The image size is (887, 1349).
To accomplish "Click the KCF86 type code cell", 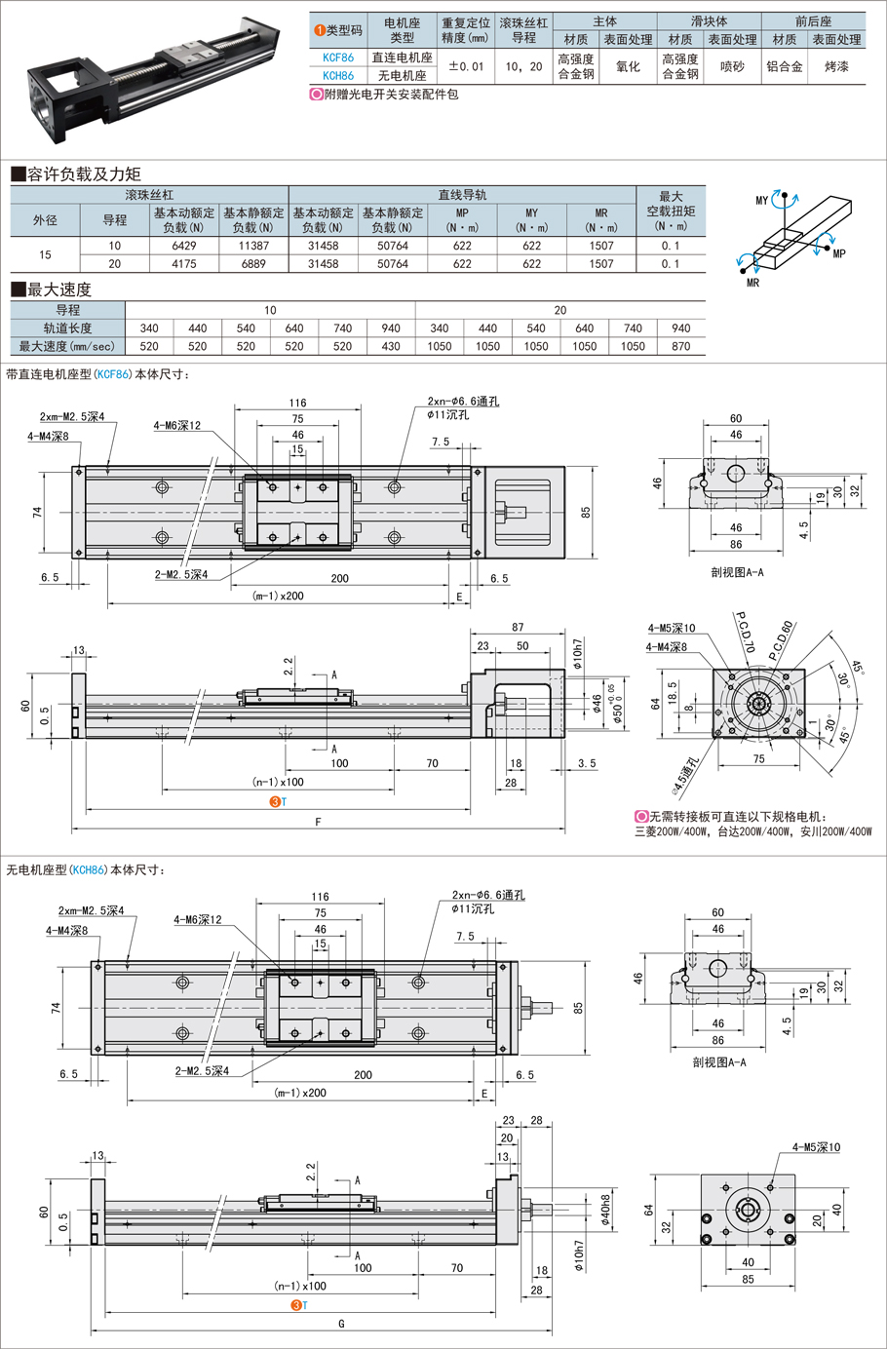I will (338, 58).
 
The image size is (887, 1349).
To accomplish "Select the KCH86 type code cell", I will (338, 75).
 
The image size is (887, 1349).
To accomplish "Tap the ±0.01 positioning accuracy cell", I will (465, 66).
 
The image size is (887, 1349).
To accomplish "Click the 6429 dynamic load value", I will (184, 246).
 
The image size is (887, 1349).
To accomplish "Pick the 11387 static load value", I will (253, 246).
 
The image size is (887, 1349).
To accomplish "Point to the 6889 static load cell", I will (253, 263).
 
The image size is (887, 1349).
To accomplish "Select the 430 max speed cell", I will (391, 346).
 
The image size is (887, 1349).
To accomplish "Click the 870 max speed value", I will (681, 346).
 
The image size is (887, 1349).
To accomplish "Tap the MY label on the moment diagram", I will (762, 201).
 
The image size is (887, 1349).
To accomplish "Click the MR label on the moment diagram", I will (752, 283).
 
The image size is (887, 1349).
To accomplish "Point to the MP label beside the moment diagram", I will (839, 253).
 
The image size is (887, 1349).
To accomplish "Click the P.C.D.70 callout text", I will (746, 633).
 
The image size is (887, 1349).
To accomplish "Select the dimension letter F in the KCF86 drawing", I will (318, 822).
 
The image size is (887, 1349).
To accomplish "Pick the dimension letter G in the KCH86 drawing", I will (341, 1323).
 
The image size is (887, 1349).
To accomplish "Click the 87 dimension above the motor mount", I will (518, 628).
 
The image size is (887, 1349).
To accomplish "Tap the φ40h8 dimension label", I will (605, 1210).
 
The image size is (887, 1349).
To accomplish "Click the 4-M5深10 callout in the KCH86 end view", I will (816, 1147).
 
